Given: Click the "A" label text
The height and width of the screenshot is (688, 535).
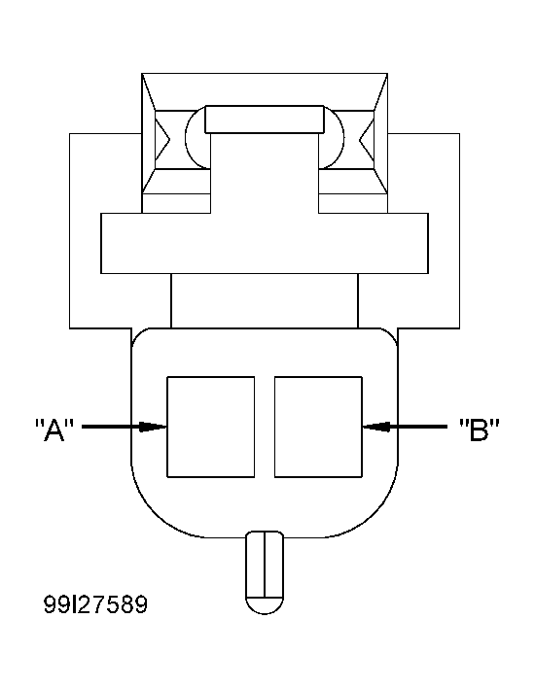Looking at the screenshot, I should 54,429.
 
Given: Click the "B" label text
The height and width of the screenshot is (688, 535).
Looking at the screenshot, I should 479,429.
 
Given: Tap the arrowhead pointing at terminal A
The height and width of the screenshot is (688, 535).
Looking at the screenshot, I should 156,426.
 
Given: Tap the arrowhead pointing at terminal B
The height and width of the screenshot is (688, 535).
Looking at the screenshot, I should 374,426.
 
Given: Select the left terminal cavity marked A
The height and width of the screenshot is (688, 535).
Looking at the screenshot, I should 211,427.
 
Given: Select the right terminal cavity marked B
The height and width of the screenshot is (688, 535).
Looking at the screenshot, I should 317,427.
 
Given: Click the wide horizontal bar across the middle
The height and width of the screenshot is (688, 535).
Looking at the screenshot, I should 264,244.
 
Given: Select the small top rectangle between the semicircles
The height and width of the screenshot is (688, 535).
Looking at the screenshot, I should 264,120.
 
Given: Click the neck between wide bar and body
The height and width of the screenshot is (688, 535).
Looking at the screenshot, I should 264,300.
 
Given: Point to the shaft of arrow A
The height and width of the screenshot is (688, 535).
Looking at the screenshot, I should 112,426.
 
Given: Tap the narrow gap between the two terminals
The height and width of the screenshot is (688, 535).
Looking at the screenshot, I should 265,427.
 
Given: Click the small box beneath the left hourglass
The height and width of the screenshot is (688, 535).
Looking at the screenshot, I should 175,202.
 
